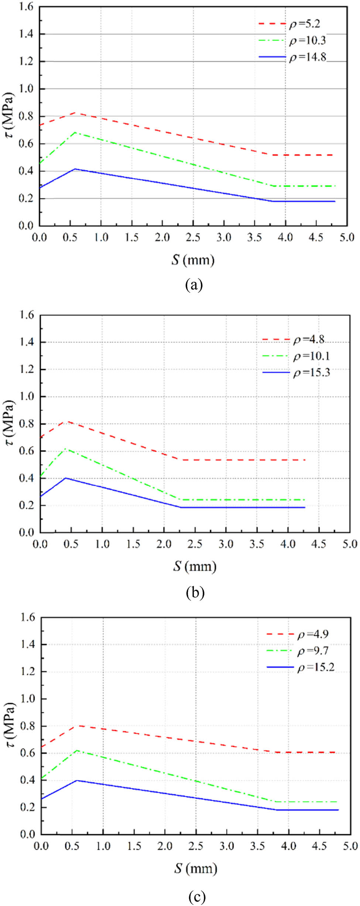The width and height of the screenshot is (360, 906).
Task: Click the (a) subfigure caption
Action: [193, 285]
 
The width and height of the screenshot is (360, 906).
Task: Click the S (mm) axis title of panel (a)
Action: [193, 260]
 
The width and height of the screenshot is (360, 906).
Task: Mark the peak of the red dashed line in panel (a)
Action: [75, 112]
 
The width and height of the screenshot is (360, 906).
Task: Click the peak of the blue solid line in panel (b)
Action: [66, 478]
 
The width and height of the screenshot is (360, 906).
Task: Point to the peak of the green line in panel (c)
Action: [77, 750]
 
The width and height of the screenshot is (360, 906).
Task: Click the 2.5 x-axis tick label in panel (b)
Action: [195, 544]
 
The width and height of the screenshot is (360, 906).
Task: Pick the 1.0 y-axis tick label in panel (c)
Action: [27, 699]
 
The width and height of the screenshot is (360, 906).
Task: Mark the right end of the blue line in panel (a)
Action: [335, 201]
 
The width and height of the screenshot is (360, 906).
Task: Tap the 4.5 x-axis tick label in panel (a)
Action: [316, 237]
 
